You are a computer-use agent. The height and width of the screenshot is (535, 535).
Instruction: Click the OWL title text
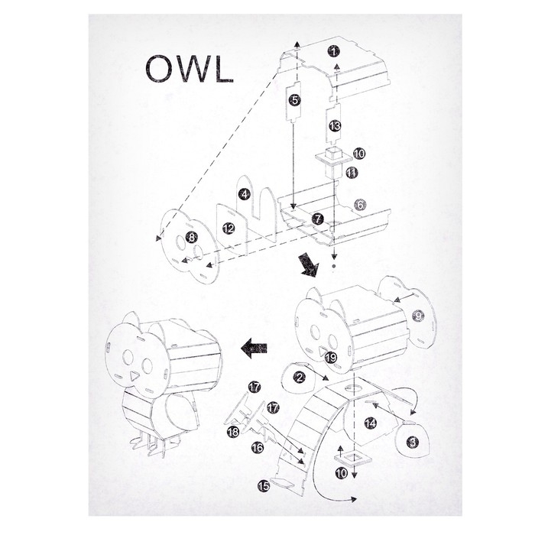(x=190, y=69)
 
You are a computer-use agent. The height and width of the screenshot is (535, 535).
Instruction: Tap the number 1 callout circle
(x=333, y=51)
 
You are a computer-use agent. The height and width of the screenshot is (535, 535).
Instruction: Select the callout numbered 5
(x=295, y=100)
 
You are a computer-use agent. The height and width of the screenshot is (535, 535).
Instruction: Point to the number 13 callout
(x=335, y=126)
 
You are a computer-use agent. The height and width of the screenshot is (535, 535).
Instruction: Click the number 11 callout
(x=352, y=173)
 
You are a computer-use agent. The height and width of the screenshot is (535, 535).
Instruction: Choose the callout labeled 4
(x=245, y=194)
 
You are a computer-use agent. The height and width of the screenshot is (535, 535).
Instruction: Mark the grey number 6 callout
(x=360, y=205)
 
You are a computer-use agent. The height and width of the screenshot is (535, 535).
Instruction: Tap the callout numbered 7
(x=318, y=219)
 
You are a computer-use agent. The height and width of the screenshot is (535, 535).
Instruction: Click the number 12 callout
(x=229, y=228)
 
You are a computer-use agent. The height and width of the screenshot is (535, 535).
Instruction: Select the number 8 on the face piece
(x=192, y=237)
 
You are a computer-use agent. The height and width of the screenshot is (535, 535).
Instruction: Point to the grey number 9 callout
(x=418, y=316)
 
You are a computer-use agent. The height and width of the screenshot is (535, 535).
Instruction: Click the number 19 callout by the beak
(x=331, y=358)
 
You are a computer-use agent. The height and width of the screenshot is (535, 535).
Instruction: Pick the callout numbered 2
(x=300, y=377)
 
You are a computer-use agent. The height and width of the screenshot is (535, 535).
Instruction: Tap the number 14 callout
(x=371, y=423)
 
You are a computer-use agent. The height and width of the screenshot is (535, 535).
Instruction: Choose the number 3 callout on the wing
(x=413, y=443)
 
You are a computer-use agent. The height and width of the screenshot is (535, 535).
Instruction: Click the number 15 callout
(x=264, y=486)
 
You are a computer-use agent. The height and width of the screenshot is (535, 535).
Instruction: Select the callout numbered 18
(x=233, y=433)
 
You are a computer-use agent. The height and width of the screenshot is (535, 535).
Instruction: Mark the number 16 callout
(x=258, y=447)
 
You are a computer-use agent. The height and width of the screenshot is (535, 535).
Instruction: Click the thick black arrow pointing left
(x=254, y=348)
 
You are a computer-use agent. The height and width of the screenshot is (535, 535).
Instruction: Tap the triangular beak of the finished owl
(x=134, y=376)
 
